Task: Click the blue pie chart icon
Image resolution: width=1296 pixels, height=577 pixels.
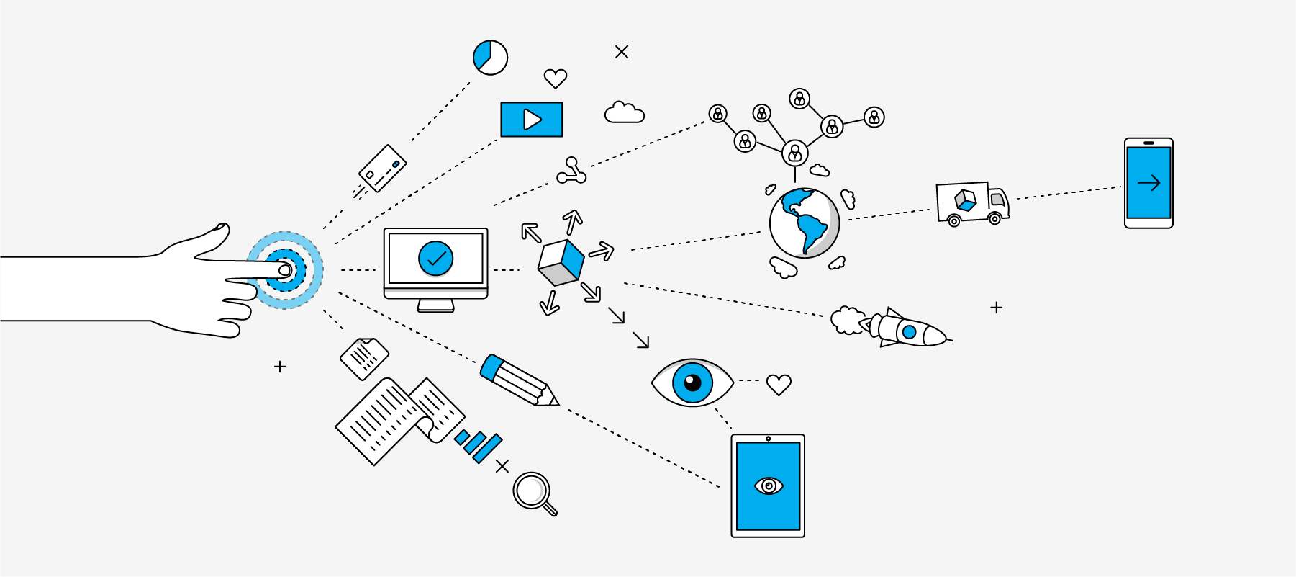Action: [490, 57]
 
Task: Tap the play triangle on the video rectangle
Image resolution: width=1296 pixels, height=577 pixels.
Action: [532, 120]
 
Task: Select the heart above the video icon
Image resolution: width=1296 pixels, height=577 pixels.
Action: [555, 78]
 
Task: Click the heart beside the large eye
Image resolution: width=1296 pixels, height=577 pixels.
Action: [779, 385]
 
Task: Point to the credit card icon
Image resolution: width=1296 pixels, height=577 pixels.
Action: [383, 168]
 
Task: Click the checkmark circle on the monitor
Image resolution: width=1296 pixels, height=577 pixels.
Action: [436, 259]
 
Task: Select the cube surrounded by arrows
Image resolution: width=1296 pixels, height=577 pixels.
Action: [561, 262]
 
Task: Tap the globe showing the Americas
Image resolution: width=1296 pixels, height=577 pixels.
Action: [804, 223]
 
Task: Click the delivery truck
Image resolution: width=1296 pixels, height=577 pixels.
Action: [971, 204]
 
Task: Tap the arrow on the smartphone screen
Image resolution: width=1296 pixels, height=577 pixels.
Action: [1148, 183]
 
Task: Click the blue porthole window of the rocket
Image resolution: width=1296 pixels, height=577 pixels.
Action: [909, 332]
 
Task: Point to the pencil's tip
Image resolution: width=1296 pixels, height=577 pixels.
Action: [556, 402]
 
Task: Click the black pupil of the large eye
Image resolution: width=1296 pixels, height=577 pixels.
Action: [692, 382]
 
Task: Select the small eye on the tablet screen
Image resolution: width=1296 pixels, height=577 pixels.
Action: [769, 486]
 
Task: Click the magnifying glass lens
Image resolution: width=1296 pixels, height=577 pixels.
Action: [531, 490]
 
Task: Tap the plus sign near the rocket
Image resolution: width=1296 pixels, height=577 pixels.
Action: [996, 308]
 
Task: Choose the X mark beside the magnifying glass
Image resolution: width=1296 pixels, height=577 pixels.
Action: [502, 466]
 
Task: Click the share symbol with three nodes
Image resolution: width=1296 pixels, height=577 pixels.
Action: [571, 171]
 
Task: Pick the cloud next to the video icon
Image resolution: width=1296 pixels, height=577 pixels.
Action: [624, 113]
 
